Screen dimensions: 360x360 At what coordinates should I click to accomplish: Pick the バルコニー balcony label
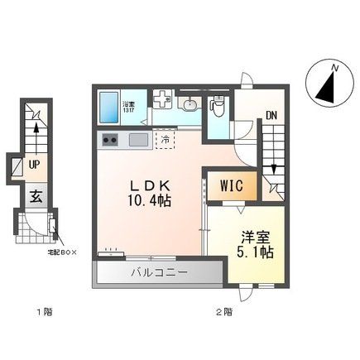[x=159, y=271]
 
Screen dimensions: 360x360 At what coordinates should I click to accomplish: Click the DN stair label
[x=271, y=116]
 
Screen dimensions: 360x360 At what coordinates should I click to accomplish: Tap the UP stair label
[x=36, y=166]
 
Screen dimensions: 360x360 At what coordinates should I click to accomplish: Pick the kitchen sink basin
[x=137, y=140]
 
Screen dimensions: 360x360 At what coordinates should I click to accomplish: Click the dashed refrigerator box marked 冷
[x=166, y=140]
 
